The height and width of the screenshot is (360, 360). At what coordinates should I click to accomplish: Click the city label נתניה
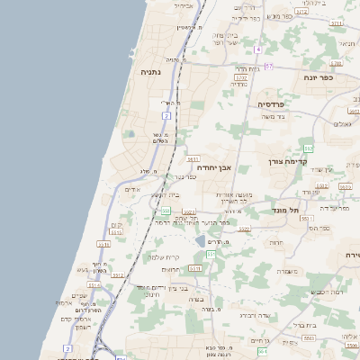point(152,71)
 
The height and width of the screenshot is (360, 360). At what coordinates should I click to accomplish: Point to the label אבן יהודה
point(214,167)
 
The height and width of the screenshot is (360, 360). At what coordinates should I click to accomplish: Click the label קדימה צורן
point(288,162)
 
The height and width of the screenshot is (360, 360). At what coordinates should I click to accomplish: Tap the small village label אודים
point(133,190)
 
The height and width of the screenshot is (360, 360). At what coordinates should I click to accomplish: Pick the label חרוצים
point(171,269)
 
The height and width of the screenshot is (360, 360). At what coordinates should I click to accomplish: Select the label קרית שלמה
point(159,257)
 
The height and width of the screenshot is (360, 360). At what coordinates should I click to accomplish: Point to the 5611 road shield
point(193,157)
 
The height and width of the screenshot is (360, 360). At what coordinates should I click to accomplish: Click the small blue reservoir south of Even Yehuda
point(199,242)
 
